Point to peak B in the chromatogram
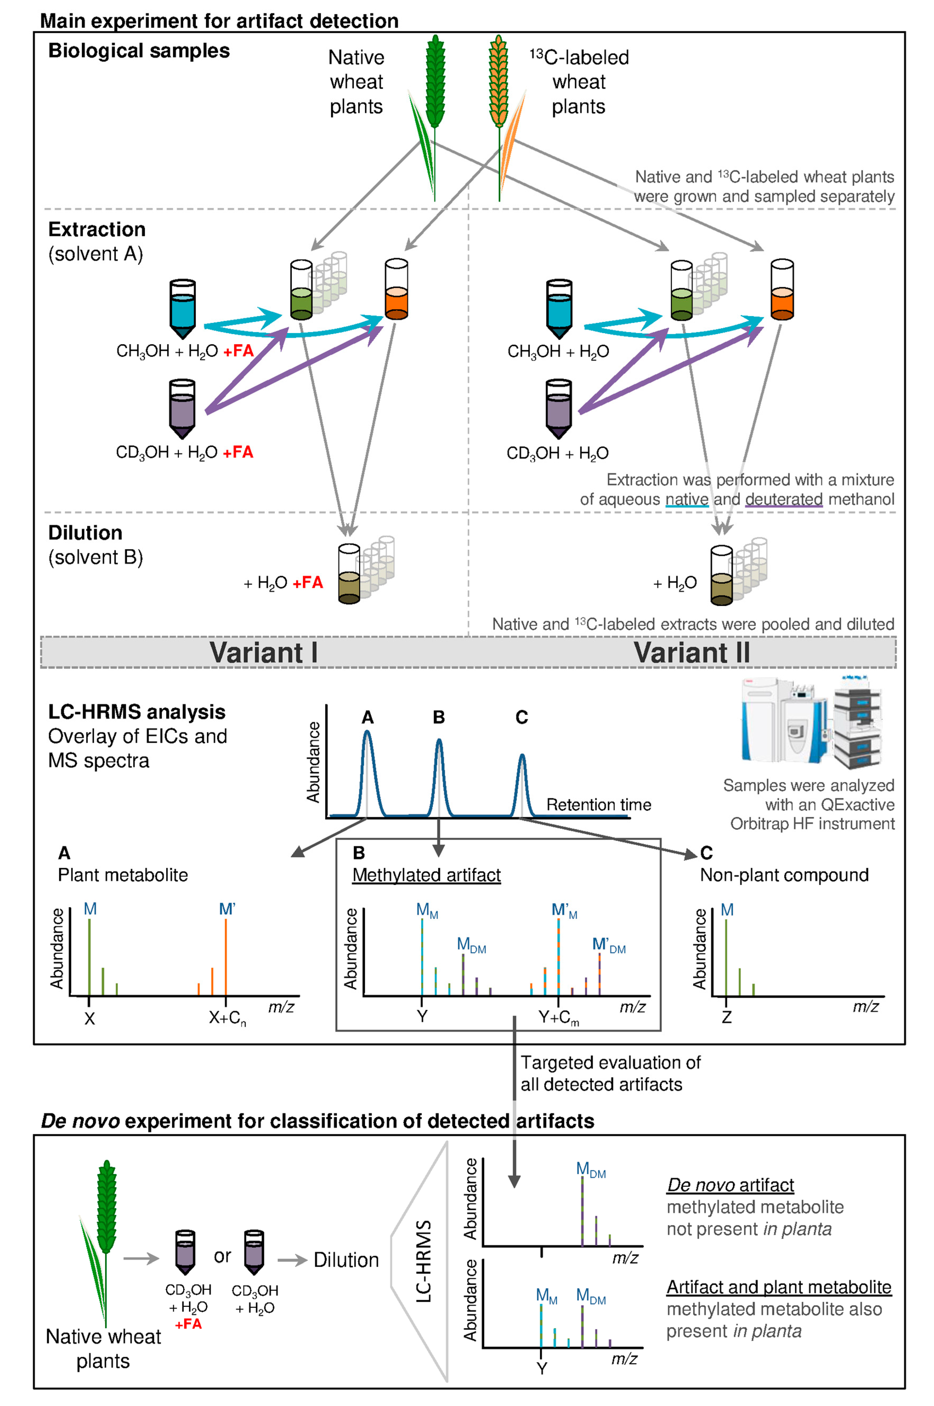click(439, 775)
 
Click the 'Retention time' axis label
click(599, 805)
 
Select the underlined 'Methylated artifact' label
click(426, 875)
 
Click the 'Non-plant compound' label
click(784, 875)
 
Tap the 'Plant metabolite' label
click(123, 875)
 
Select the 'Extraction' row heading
click(96, 229)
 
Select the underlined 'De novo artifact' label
click(730, 1185)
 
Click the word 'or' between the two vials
click(222, 1256)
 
